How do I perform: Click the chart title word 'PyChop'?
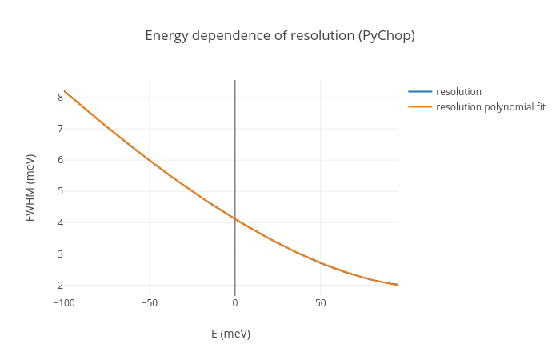coord(388,36)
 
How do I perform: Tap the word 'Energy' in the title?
coord(166,36)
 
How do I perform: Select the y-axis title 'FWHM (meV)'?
coord(30,188)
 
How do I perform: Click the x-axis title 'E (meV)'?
coord(230,334)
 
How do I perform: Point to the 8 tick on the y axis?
coord(60,98)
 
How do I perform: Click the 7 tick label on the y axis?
coord(60,129)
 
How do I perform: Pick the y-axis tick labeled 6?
coord(60,160)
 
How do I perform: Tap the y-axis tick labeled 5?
coord(60,191)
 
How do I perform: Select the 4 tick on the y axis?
coord(60,222)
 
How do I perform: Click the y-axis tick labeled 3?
coord(60,254)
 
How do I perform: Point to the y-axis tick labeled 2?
coord(60,285)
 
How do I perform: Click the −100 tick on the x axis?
coord(64,303)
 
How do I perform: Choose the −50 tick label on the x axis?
coord(150,303)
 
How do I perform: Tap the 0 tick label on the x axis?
coord(235,303)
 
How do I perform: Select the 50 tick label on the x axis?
coord(320,303)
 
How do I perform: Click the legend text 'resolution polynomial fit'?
coord(490,107)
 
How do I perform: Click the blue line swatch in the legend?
coord(420,91)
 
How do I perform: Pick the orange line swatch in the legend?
coord(420,107)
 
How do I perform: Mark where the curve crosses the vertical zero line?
coord(235,218)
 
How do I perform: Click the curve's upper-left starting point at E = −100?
coord(65,91)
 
